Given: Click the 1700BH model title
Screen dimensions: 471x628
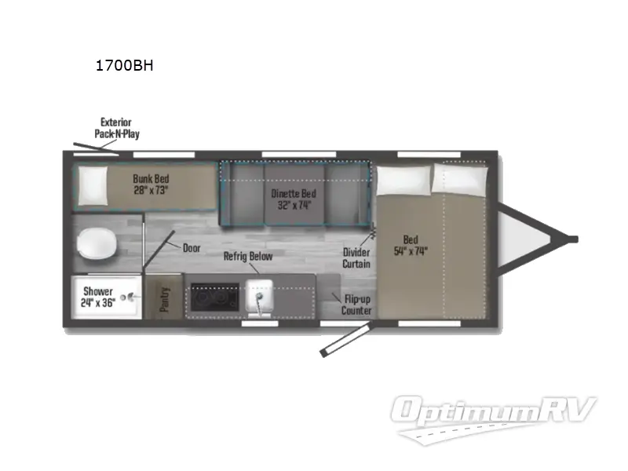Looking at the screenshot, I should coord(124,66).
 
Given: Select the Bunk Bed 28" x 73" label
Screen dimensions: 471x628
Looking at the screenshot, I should coord(152,184).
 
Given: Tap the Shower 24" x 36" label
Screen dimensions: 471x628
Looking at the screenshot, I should coord(99,297).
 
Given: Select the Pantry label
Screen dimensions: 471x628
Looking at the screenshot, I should coord(166,298).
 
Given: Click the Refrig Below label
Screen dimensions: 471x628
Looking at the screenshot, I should coord(248,257).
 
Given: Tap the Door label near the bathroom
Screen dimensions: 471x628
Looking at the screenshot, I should coord(192,248).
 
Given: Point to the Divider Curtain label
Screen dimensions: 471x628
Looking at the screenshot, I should coord(356,257).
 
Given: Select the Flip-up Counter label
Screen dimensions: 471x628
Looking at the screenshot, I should coord(356,305).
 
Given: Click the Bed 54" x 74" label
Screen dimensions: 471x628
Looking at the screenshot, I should coord(411,245).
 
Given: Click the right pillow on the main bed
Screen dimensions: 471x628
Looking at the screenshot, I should coord(459,178).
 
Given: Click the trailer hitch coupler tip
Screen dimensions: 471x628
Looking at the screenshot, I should coord(573,239).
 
